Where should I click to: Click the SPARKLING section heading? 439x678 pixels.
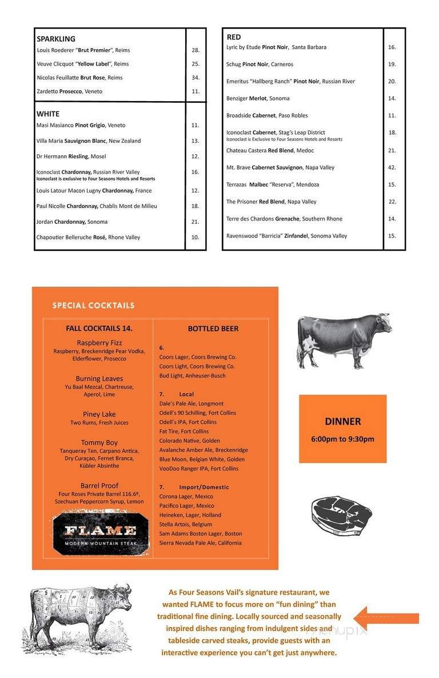pos(56,39)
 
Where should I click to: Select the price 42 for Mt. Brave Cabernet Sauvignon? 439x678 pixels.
pos(392,167)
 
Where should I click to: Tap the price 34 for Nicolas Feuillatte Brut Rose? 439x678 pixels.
pos(195,78)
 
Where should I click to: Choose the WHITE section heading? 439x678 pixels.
pos(48,114)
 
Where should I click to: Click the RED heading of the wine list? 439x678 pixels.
pos(234,37)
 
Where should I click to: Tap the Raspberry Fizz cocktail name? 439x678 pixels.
pos(99,343)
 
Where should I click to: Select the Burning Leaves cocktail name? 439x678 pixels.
pos(99,378)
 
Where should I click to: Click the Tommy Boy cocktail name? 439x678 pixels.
pos(99,442)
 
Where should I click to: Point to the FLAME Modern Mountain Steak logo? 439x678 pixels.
pos(100,532)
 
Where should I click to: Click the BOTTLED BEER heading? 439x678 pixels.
pos(213,328)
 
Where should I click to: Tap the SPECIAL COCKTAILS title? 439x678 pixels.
pos(93,306)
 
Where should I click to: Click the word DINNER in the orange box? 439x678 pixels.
pos(343,422)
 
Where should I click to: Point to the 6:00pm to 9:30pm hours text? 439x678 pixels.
pos(343,439)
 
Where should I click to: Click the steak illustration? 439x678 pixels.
pos(341,513)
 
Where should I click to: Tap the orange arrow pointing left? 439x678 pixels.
pos(386,618)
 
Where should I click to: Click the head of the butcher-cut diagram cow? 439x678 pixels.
pos(121,593)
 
